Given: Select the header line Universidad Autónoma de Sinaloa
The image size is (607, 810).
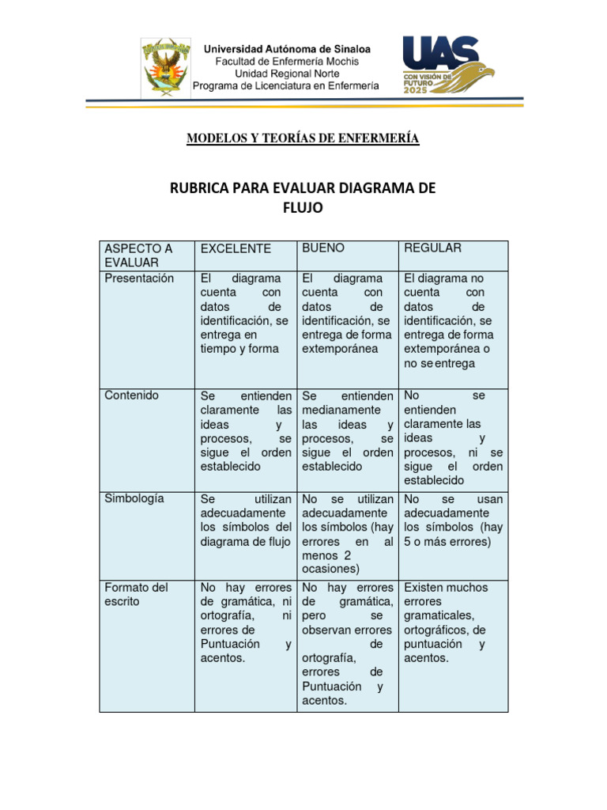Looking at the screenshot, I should (288, 49).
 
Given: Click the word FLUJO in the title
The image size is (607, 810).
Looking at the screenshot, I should (303, 208).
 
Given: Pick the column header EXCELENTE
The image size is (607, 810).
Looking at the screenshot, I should (236, 248).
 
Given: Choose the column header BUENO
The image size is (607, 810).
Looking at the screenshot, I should (323, 248).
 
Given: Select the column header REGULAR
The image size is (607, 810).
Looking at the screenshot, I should (432, 248).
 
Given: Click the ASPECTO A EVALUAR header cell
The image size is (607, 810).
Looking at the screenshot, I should (138, 255).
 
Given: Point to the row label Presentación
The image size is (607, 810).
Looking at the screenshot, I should (139, 278).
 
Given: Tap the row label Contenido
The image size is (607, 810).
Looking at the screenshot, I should (132, 396).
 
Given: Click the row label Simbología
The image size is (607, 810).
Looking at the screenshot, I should (134, 498).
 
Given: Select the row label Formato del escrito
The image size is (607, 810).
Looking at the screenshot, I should (136, 594).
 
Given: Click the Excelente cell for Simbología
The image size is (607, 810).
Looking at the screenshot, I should (246, 520).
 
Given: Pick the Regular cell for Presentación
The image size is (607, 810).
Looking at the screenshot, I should (453, 321).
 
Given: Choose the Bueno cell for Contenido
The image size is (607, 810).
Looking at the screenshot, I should (348, 431).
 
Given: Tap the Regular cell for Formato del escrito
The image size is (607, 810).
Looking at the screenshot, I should (453, 623).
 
